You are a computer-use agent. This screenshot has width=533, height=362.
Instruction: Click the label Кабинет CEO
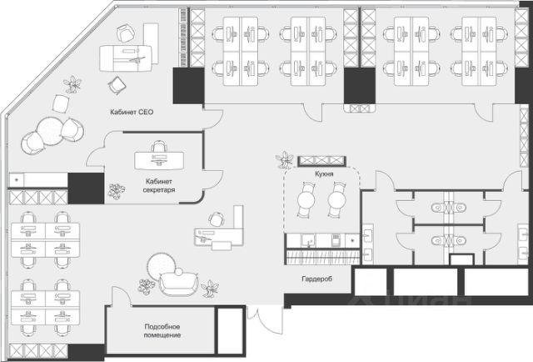click(132, 112)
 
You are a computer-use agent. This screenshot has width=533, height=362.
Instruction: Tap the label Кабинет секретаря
click(159, 186)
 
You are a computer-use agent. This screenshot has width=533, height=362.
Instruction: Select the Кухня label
click(324, 174)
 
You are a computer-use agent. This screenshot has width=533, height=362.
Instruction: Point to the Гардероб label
click(316, 279)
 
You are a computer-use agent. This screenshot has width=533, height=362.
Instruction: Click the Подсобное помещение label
click(162, 330)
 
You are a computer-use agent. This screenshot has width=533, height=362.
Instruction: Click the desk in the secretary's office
click(159, 160)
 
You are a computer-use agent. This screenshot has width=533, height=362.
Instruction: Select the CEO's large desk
click(126, 58)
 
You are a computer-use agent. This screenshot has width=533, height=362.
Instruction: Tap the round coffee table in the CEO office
click(50, 130)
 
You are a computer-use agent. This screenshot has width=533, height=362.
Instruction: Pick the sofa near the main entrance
click(178, 281)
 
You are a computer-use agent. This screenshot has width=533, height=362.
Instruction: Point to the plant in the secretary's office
click(117, 191)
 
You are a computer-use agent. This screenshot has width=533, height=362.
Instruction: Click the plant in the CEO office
click(72, 84)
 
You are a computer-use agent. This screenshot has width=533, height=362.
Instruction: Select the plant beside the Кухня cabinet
click(284, 160)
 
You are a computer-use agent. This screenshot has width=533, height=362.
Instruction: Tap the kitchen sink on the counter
click(309, 241)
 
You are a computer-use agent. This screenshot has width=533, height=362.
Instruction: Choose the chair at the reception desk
click(217, 219)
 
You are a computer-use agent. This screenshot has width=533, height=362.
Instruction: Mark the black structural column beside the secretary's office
click(86, 189)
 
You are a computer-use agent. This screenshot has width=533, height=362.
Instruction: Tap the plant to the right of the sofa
click(210, 289)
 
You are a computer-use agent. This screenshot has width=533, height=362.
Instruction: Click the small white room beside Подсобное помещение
click(230, 330)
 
